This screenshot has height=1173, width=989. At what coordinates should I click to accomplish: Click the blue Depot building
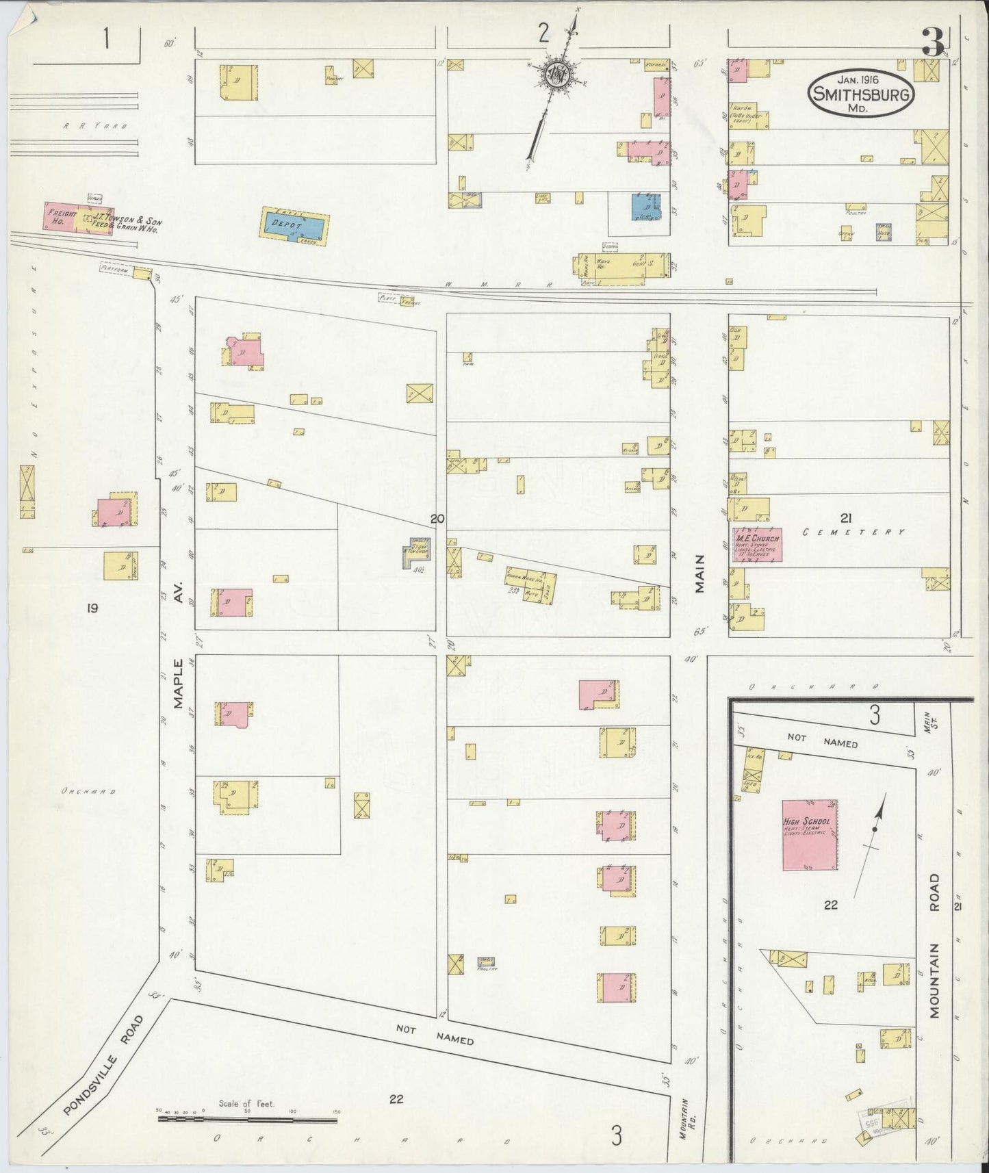[294, 226]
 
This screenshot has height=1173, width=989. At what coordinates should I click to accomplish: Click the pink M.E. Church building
[757, 545]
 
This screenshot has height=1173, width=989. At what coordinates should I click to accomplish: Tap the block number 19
[92, 607]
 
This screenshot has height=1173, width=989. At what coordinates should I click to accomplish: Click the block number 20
[437, 519]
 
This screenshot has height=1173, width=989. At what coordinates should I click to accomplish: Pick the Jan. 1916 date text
[861, 80]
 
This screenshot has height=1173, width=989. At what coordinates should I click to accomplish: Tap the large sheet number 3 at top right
[932, 44]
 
